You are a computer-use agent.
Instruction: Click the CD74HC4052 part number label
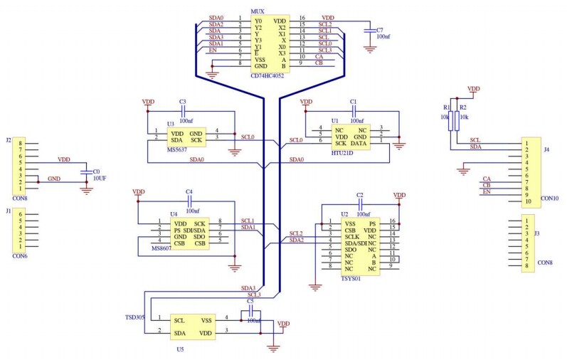pos(267,75)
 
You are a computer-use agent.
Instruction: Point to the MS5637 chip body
pos(186,136)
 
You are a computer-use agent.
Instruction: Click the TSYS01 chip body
pos(359,246)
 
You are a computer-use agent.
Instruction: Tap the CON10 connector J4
pos(530,172)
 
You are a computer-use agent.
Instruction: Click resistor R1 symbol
pos(450,122)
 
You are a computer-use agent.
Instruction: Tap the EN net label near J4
pos(487,193)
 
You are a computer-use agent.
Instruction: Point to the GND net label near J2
pos(53,179)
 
